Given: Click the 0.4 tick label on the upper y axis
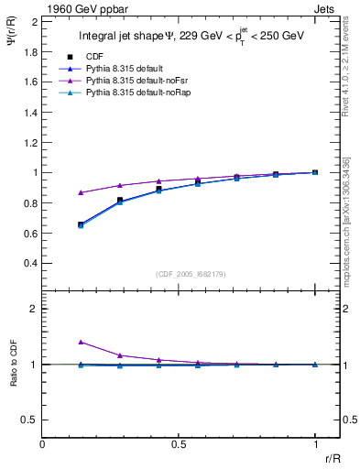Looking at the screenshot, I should [x=30, y=264].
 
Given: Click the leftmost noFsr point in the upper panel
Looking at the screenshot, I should [x=81, y=192].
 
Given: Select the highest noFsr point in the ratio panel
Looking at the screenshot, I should [x=81, y=342].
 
